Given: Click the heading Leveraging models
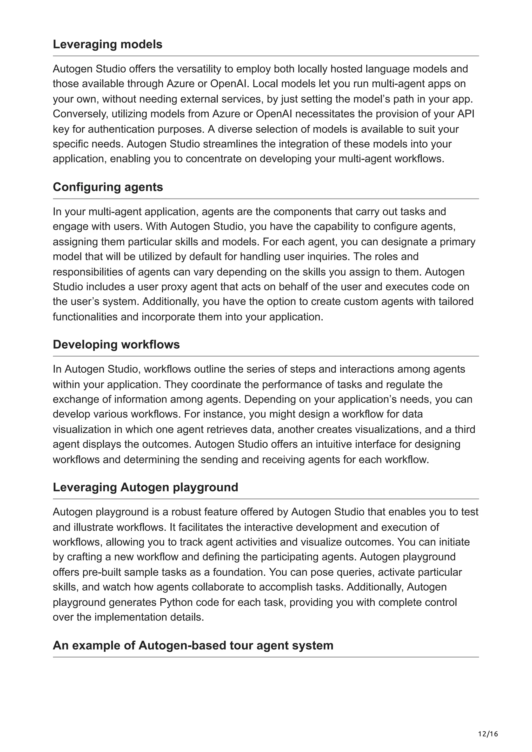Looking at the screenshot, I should click(108, 44).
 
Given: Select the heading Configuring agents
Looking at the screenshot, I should click(108, 187).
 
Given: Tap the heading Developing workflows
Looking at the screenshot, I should click(116, 345).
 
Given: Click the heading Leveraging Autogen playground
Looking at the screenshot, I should click(145, 487).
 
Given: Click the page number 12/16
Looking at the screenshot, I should click(488, 734).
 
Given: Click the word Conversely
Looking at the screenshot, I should click(80, 114).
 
